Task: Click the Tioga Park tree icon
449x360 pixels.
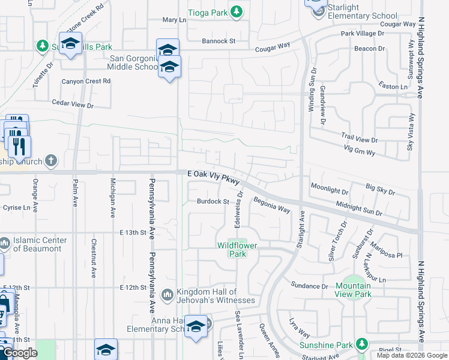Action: tap(238, 11)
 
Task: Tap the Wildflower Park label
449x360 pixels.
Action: tap(232, 249)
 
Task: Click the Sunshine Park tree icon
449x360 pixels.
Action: tap(361, 344)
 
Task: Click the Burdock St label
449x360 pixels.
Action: tap(214, 202)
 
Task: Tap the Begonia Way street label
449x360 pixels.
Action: tap(271, 205)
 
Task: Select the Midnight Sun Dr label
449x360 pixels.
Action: tap(359, 209)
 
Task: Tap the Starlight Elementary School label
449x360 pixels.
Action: tap(363, 12)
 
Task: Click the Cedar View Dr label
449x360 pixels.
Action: tap(73, 104)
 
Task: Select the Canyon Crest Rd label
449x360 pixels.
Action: tap(86, 81)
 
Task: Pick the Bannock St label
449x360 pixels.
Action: tap(218, 41)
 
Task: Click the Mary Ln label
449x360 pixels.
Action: tap(174, 20)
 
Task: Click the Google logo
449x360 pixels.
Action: tap(20, 353)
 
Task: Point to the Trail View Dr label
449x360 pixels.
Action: tap(358, 140)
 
